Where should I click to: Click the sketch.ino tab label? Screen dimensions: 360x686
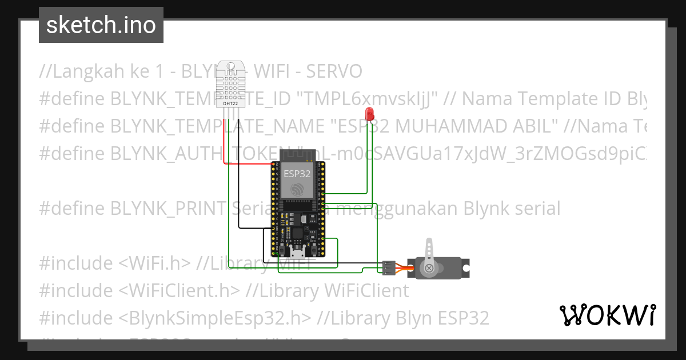[101, 25]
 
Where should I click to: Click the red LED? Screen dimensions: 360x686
[370, 113]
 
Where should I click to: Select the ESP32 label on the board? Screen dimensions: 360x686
[297, 174]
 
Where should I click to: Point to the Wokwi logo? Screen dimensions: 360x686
[607, 315]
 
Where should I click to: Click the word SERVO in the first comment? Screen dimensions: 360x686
[334, 71]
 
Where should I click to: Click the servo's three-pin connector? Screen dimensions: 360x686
[388, 267]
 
